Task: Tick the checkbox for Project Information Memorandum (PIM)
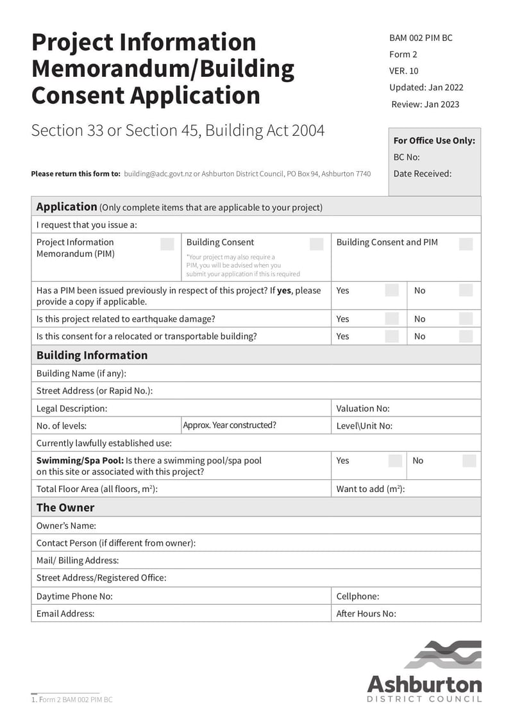pos(167,243)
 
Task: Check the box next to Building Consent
pos(316,243)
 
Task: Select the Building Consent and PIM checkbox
pos(466,243)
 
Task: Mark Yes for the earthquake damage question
pos(392,318)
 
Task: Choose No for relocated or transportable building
pos(466,336)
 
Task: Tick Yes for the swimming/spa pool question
pos(396,461)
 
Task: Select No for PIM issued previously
pos(466,290)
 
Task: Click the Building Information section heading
pos(92,355)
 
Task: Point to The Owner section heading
pos(65,507)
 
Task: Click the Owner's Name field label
pos(66,525)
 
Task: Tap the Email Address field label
pos(65,613)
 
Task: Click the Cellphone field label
pos(358,596)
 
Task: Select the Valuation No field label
pos(363,408)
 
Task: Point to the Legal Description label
pos(72,408)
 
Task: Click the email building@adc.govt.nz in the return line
pos(158,174)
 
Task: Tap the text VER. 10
pos(403,71)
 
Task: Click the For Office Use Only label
pos(434,140)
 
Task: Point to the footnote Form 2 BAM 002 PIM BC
pos(72,700)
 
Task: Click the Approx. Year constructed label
pos(230,425)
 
